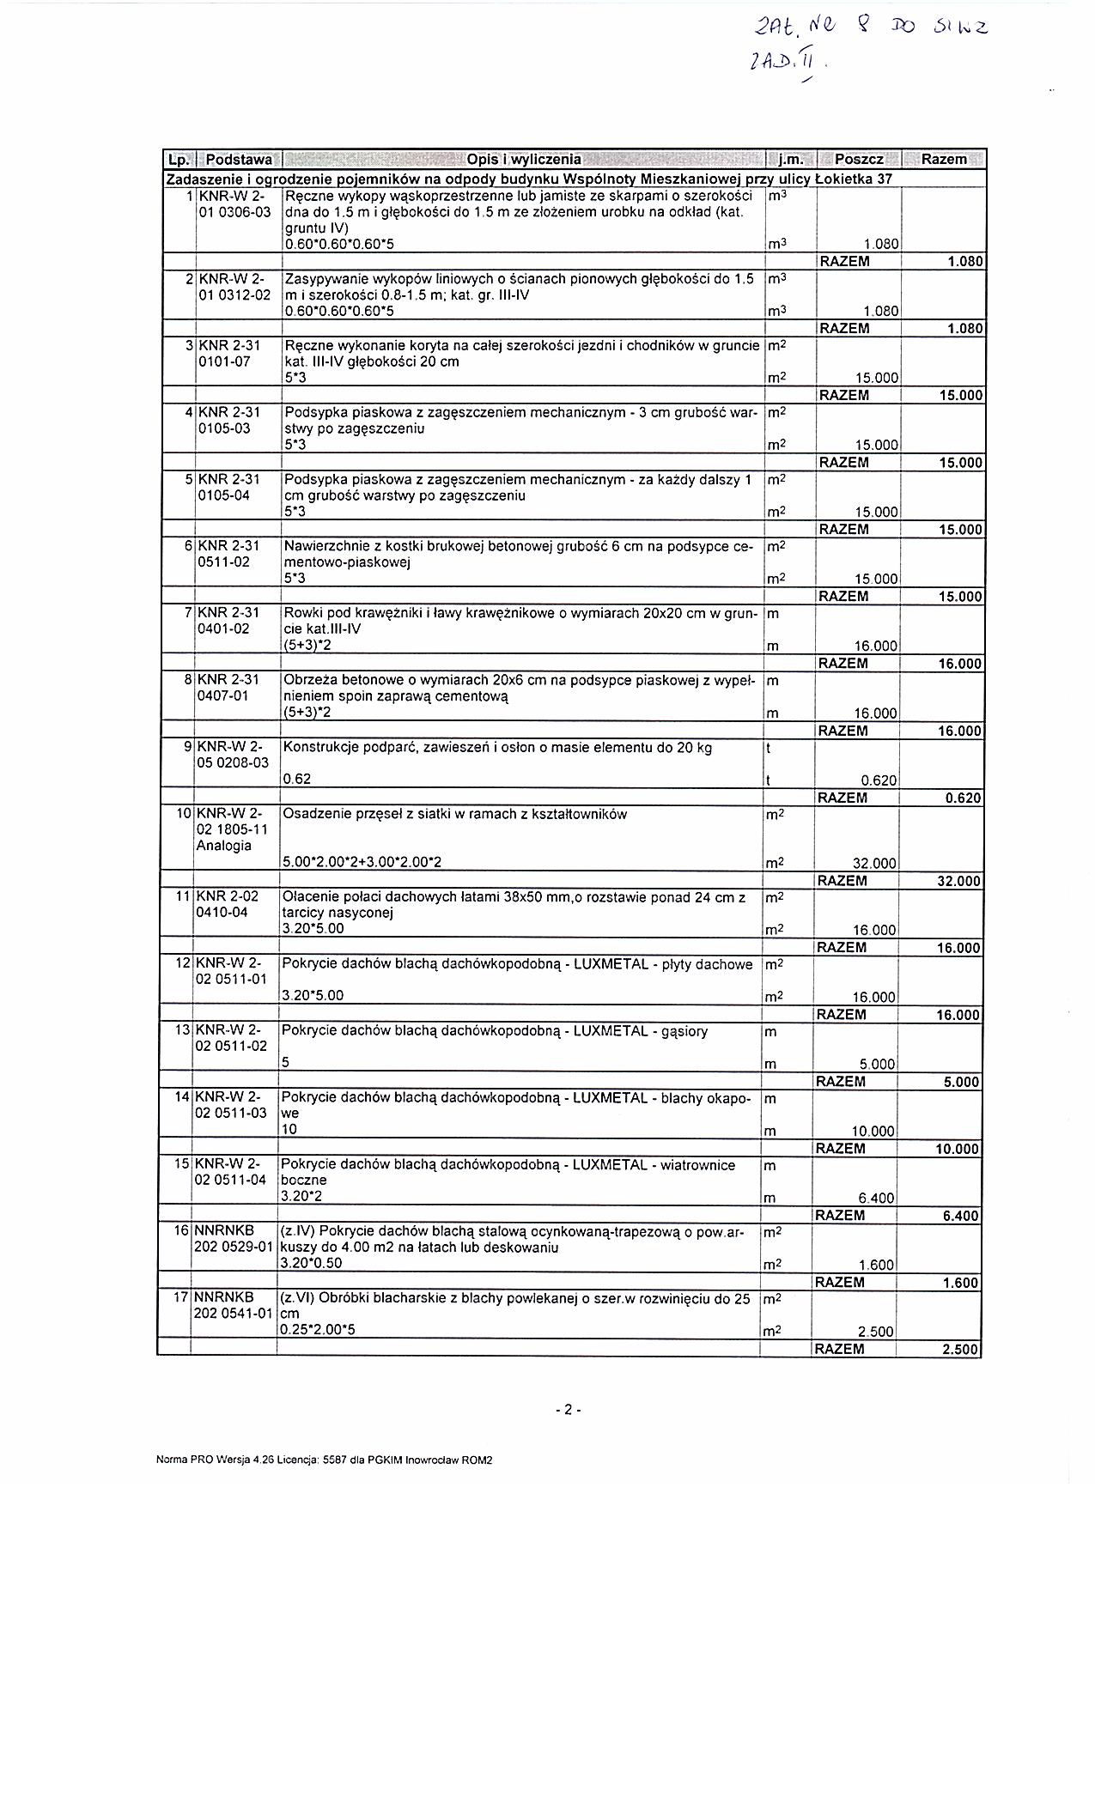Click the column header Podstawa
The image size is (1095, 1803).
click(239, 160)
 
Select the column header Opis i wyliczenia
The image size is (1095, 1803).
click(523, 160)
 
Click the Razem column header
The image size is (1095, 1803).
click(944, 160)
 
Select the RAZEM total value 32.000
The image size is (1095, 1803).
click(957, 881)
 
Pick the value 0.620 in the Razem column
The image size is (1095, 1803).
click(963, 798)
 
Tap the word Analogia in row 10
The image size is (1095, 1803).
click(224, 846)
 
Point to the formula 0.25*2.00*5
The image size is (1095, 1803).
click(318, 1330)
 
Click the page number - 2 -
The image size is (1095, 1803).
click(569, 1409)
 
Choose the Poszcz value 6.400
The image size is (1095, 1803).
click(876, 1198)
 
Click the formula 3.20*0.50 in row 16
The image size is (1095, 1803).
click(311, 1263)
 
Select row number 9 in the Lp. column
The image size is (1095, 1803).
click(186, 747)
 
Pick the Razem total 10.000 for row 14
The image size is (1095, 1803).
click(957, 1149)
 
